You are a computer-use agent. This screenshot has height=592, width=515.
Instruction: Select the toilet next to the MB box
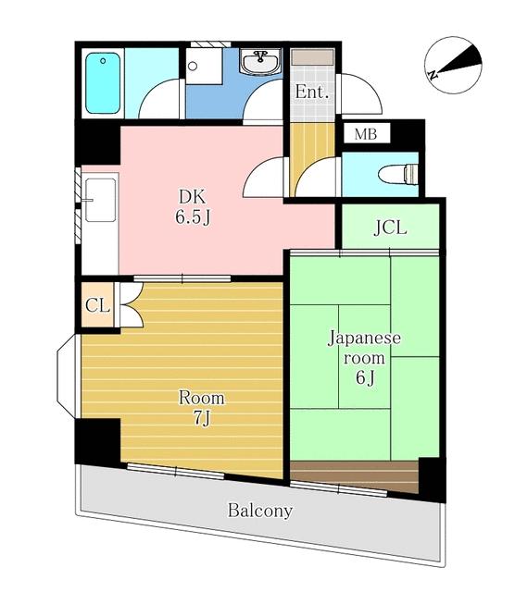click(400, 173)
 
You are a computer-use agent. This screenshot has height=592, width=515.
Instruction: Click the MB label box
click(366, 134)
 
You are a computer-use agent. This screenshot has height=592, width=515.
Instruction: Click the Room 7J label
click(201, 407)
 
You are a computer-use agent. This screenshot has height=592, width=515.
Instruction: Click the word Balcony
click(260, 511)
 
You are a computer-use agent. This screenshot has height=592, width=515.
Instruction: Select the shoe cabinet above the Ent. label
click(312, 56)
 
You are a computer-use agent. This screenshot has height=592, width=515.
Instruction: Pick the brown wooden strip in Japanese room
click(356, 469)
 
